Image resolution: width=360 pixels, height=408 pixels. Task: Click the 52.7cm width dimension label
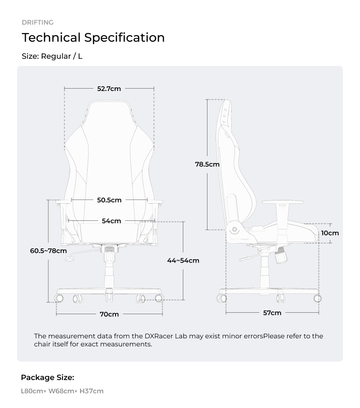coord(109,89)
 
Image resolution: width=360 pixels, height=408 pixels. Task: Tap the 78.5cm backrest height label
coord(207,164)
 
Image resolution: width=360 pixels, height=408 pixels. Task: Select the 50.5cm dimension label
coord(109,200)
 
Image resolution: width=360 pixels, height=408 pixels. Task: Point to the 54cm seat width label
coord(111,221)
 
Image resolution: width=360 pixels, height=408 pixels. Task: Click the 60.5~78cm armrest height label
coord(48,251)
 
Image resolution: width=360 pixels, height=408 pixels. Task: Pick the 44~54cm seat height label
coord(183,261)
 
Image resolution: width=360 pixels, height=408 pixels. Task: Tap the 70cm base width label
coord(109,314)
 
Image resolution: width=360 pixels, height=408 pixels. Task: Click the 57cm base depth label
coord(272,313)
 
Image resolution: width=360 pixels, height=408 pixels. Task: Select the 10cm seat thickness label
coord(330,233)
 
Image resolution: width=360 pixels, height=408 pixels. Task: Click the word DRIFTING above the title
coord(37,22)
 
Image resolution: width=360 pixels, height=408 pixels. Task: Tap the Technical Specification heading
coord(93,37)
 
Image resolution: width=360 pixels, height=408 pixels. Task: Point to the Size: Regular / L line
coord(52,56)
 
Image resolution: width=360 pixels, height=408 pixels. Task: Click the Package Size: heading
coord(47,378)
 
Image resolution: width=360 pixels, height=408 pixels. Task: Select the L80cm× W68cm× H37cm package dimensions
coord(62,391)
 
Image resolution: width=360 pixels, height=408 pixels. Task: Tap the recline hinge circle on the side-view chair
coord(234,230)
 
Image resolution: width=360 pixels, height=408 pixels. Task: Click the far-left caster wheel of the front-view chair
coord(59,299)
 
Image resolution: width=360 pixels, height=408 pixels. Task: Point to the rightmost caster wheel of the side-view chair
coord(317,298)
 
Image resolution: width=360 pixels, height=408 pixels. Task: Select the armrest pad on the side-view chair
coord(282,202)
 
